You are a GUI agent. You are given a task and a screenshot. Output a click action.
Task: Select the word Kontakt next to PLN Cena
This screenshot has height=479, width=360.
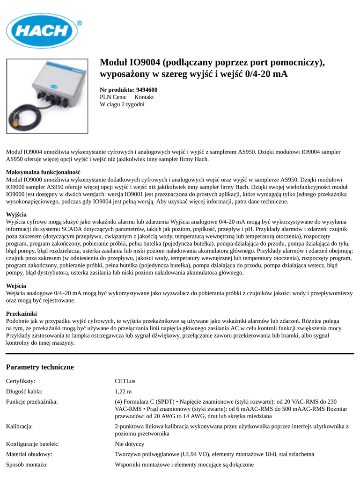pos(144,97)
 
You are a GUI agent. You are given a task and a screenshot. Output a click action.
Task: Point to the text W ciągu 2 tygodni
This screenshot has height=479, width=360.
pos(122,104)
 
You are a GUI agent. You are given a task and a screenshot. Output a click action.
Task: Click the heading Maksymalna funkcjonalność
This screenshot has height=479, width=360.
pos(43,172)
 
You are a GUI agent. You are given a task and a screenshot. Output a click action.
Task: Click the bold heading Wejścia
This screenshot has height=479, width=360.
pos(16,286)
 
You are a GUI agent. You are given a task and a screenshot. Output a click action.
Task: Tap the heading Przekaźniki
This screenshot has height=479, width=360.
pos(21,313)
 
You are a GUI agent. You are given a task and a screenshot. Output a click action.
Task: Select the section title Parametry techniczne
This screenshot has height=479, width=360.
pos(40,367)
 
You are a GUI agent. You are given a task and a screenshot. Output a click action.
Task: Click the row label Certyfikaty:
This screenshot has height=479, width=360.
pos(21,381)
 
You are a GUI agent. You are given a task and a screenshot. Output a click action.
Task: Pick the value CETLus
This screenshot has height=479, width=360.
pos(125,381)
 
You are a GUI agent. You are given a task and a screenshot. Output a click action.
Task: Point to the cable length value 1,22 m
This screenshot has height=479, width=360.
pos(123,392)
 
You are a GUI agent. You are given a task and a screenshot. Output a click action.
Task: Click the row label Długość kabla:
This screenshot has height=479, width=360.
pos(24,392)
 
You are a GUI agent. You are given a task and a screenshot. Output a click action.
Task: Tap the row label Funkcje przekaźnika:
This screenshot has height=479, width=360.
pos(32,401)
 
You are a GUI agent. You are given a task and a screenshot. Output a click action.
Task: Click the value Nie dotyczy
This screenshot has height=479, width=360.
pos(129,444)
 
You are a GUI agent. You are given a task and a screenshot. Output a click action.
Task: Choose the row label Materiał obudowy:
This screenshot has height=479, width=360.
pos(29,454)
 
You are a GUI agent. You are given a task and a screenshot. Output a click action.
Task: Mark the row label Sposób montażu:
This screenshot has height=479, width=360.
pos(27,464)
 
